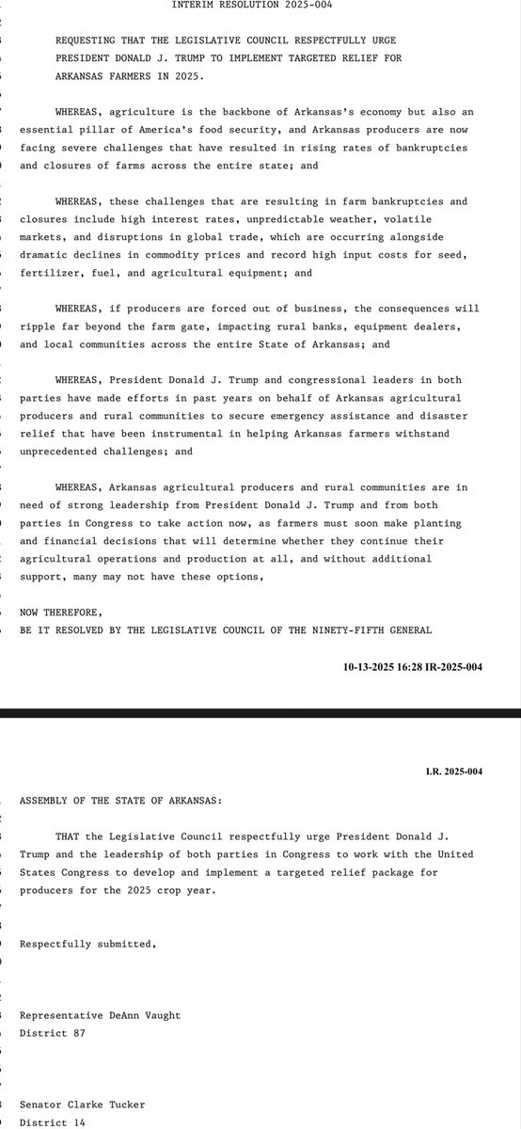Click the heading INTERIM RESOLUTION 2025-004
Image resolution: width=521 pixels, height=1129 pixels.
coord(260,6)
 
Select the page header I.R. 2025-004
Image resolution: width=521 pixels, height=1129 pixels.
coord(452,772)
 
